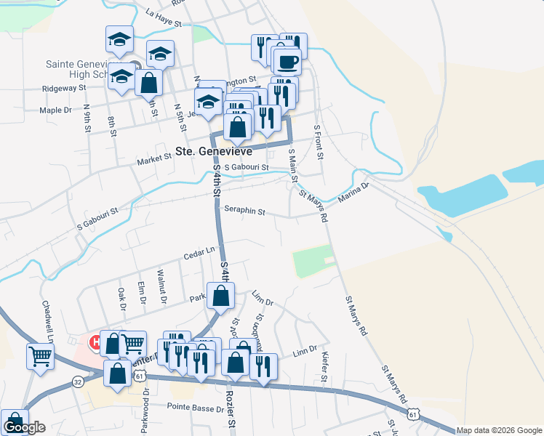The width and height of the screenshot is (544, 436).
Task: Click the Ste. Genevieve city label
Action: pos(214,152)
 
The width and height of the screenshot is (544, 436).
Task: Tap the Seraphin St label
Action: pos(245,213)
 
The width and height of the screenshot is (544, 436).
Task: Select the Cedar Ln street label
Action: pos(199,253)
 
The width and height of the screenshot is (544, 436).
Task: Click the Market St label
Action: pos(153,159)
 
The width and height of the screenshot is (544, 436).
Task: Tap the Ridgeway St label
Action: pos(64,88)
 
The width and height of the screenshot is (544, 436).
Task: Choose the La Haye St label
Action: pos(163,17)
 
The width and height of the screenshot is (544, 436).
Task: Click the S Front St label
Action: pos(318,142)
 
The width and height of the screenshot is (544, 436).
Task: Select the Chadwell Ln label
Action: pos(48,322)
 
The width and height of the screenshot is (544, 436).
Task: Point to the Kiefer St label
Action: pos(324,368)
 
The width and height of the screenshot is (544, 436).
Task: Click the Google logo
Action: pos(24,427)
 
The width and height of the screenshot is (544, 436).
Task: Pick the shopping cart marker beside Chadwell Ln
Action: pos(40,355)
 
